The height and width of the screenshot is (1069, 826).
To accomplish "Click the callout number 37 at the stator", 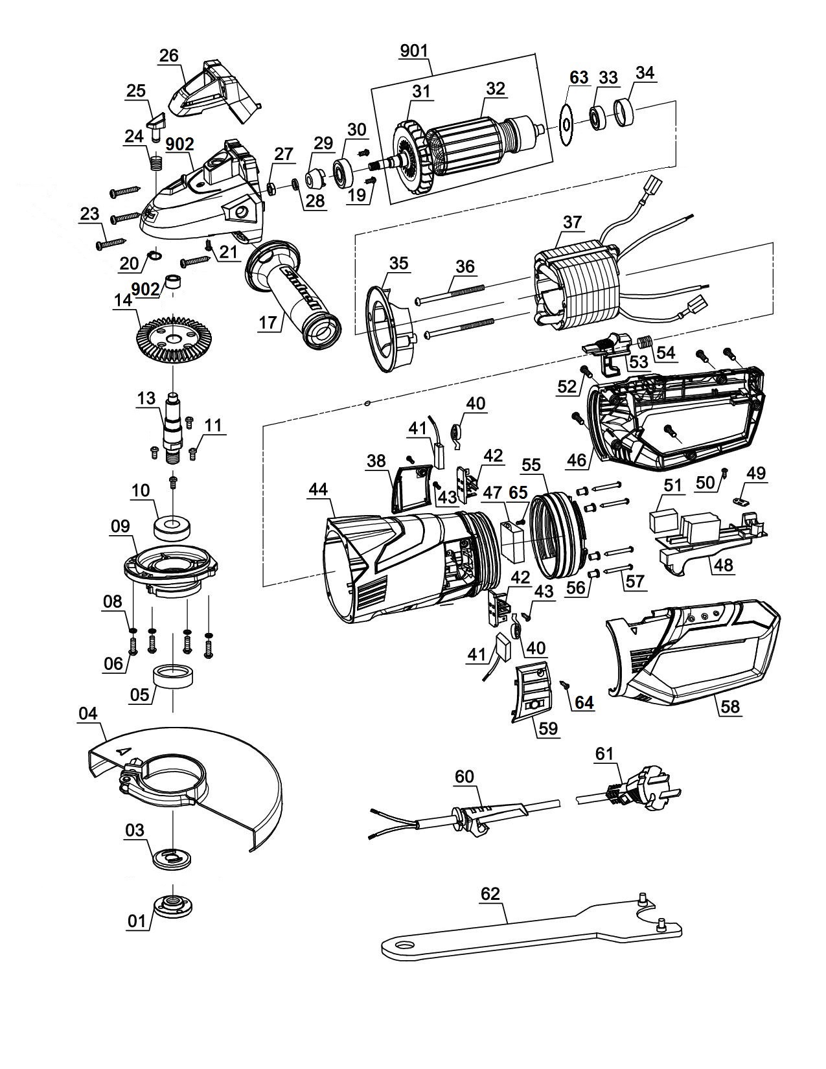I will (572, 222).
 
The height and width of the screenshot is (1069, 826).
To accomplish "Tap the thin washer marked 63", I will (566, 125).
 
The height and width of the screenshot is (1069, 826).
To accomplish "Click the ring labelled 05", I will (174, 680).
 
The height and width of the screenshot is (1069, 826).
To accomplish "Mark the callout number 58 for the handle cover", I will (730, 706).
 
